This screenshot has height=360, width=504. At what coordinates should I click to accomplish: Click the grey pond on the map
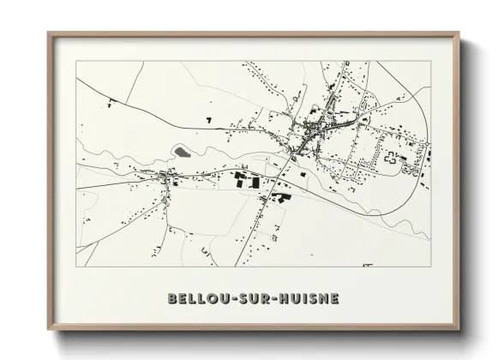pos(182,151)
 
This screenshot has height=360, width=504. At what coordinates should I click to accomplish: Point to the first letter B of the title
pos(173,299)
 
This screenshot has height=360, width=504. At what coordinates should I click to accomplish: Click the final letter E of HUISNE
pos(334,299)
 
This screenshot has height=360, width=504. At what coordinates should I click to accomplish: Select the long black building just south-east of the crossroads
pos(279,196)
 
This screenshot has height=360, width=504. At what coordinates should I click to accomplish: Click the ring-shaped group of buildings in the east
pos(393,158)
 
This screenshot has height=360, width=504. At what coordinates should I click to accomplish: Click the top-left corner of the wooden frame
pos(49,34)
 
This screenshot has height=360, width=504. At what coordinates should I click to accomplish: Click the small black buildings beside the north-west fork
pos(111,103)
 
